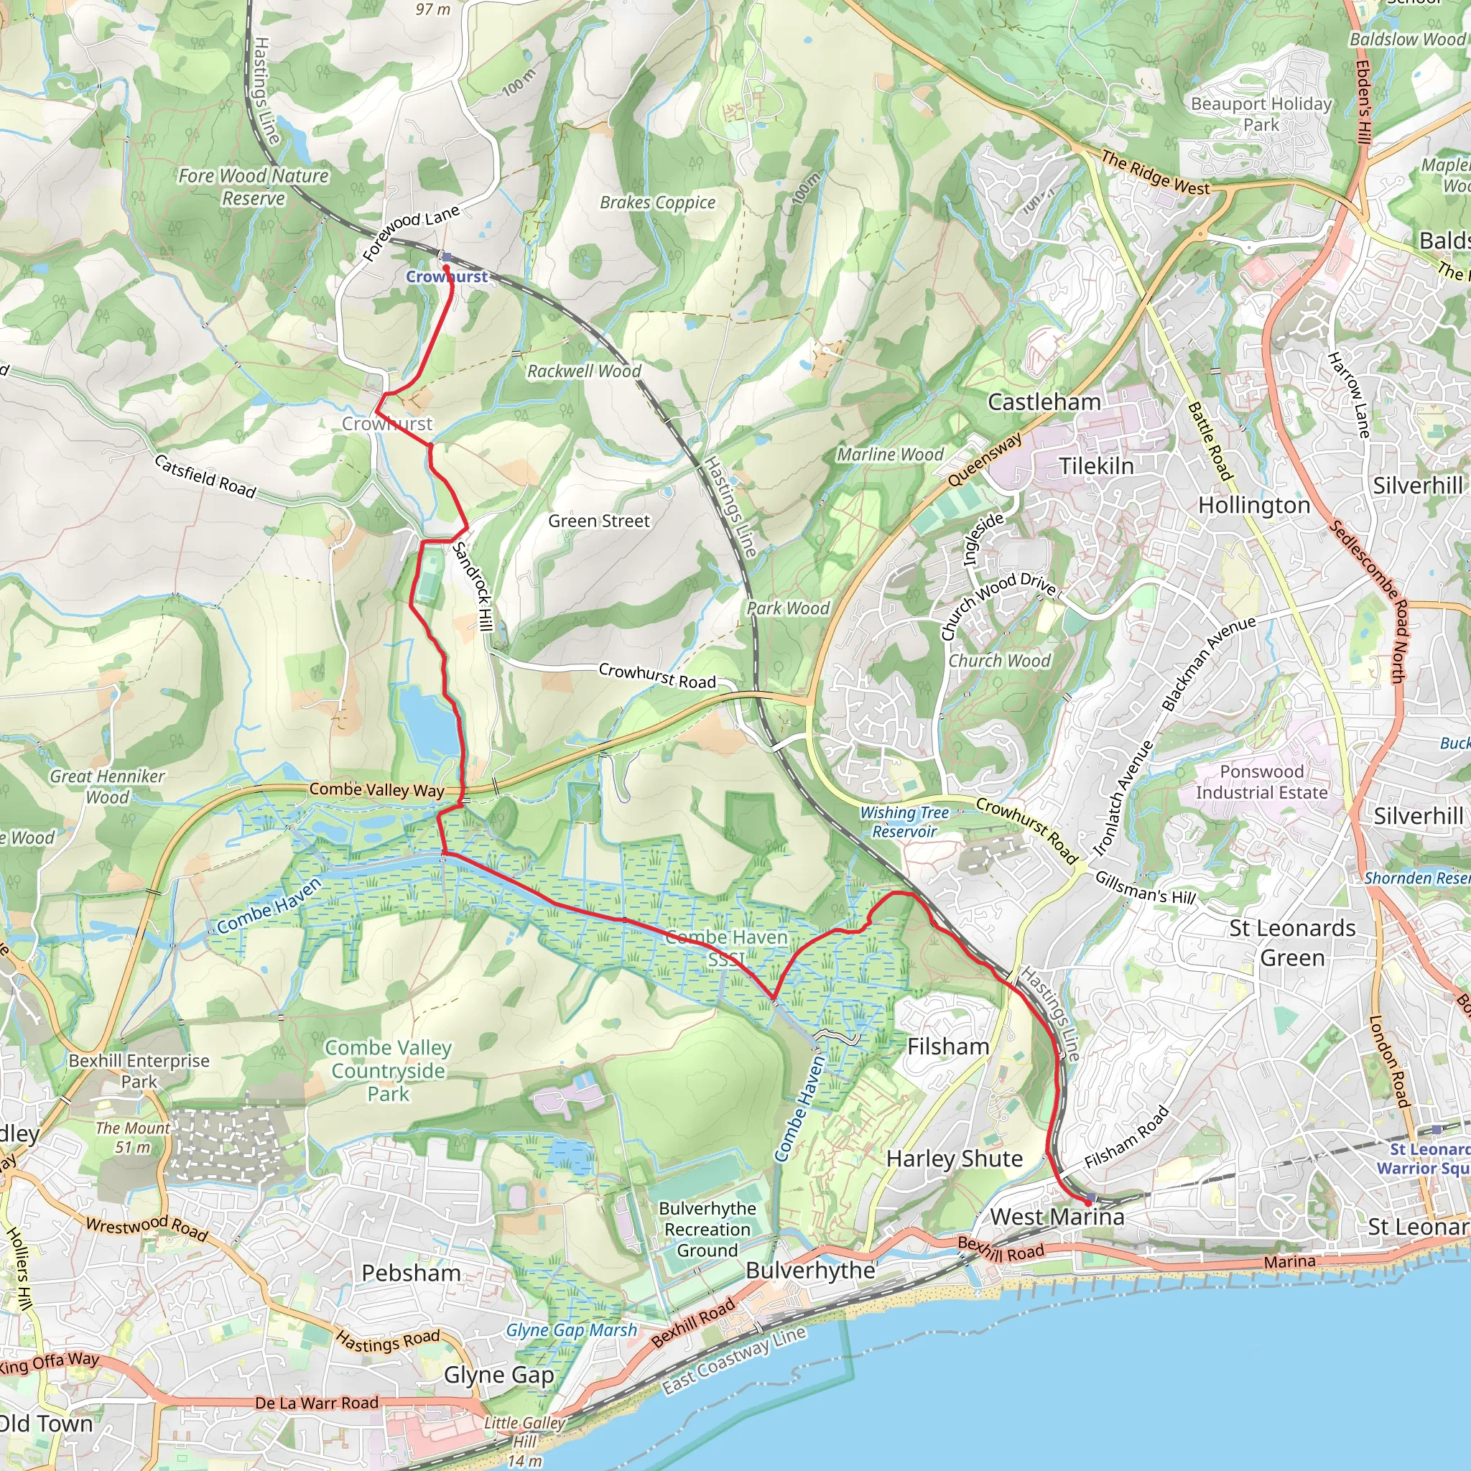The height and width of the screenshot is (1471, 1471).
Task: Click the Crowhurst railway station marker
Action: [x=447, y=257]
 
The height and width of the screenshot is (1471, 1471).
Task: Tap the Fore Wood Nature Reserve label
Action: [x=253, y=187]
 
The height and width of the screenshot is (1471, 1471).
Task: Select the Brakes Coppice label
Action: [x=658, y=203]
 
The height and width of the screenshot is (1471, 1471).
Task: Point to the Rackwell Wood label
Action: [x=584, y=371]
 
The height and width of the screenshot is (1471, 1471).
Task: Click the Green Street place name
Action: [x=599, y=521]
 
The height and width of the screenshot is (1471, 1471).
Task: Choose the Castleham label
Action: [x=1044, y=402]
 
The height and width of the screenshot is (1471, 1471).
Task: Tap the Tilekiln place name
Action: [x=1096, y=466]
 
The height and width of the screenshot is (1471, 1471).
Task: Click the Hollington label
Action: [x=1254, y=506]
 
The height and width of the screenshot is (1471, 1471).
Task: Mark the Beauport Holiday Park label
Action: [x=1261, y=113]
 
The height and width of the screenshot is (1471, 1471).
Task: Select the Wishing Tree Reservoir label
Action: [x=904, y=822]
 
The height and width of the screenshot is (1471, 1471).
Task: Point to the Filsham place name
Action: [x=948, y=1047]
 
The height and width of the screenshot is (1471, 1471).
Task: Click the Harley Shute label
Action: [x=954, y=1159]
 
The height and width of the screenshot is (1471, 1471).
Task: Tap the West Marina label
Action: [x=1057, y=1217]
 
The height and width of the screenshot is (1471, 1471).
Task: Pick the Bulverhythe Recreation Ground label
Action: [x=707, y=1229]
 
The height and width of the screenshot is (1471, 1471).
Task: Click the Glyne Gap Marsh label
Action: [x=571, y=1330]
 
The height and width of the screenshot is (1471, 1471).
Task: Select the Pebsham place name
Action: [x=411, y=1273]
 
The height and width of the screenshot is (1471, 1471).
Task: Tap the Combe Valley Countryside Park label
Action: [x=389, y=1070]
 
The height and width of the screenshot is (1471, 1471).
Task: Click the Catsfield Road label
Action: [x=205, y=477]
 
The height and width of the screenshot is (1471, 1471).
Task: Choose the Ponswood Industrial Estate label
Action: [x=1261, y=782]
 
